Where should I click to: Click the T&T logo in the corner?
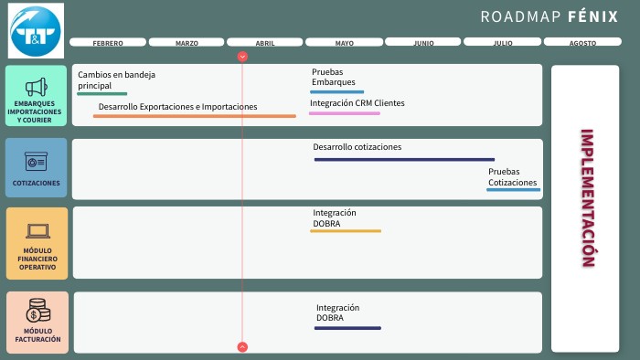[x=36, y=31]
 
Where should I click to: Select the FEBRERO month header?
[x=108, y=42]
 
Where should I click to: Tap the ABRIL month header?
[x=265, y=42]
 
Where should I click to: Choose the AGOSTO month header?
[x=581, y=42]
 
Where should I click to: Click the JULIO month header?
[x=503, y=42]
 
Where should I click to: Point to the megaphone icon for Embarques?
[x=36, y=87]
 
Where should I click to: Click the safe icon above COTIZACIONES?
[x=36, y=161]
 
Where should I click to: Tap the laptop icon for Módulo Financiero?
[x=37, y=231]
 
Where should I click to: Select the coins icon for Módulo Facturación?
[x=37, y=311]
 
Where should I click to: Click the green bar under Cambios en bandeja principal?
[x=102, y=93]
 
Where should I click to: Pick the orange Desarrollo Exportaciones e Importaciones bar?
[x=195, y=116]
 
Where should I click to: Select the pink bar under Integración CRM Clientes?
[x=345, y=113]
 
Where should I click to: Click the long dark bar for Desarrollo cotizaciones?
[x=404, y=160]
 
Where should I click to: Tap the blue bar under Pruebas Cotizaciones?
[x=513, y=190]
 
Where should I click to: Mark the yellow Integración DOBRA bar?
[x=346, y=231]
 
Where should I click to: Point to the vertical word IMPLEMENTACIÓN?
[x=587, y=197]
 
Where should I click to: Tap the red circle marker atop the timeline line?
[x=242, y=57]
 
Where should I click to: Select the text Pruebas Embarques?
[x=329, y=77]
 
